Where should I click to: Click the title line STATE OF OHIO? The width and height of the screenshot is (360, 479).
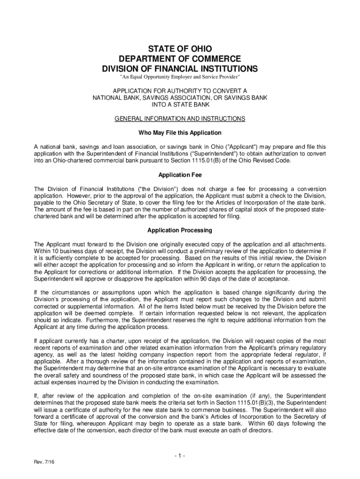(x=180, y=49)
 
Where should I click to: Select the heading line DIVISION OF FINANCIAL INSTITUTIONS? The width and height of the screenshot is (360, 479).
(x=180, y=69)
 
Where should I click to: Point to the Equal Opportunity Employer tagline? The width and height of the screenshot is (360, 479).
(x=180, y=77)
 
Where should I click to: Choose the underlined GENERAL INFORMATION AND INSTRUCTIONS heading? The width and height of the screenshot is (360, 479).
(x=180, y=119)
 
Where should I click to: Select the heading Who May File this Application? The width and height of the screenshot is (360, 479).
(x=180, y=133)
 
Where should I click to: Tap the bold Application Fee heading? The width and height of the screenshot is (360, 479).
(x=180, y=174)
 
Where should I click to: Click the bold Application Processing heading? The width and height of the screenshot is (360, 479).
(x=180, y=230)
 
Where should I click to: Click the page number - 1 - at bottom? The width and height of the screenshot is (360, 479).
(x=180, y=456)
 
